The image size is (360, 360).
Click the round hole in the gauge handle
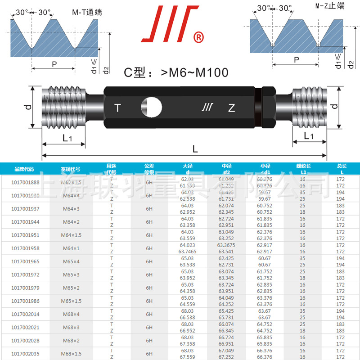pyautogui.click(x=152, y=108)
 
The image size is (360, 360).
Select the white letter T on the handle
pyautogui.click(x=117, y=108)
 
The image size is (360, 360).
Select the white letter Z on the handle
pyautogui.click(x=231, y=108)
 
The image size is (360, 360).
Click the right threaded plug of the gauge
pyautogui.click(x=310, y=107)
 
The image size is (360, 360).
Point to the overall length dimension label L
pyautogui.click(x=195, y=148)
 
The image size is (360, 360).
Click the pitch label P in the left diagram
pyautogui.click(x=54, y=64)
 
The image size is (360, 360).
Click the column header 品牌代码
pyautogui.click(x=24, y=169)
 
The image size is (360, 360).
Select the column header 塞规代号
pyautogui.click(x=70, y=169)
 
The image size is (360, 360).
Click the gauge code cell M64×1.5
pyautogui.click(x=70, y=235)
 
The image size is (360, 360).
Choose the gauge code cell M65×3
pyautogui.click(x=70, y=274)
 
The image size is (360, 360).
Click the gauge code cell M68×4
pyautogui.click(x=70, y=314)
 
